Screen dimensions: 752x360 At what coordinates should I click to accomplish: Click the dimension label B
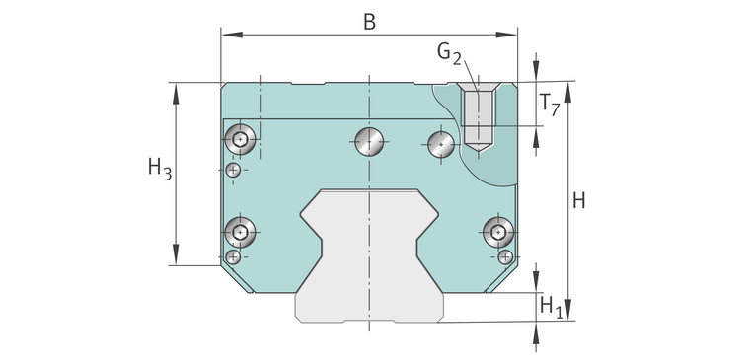pyautogui.click(x=369, y=22)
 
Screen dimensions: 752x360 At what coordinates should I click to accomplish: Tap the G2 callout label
pyautogui.click(x=449, y=52)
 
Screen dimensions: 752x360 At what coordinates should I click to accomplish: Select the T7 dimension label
pyautogui.click(x=550, y=104)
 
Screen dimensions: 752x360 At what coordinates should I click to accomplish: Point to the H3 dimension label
pyautogui.click(x=160, y=169)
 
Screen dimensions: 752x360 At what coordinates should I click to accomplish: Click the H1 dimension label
pyautogui.click(x=551, y=307)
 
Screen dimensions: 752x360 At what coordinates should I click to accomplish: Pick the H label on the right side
pyautogui.click(x=579, y=201)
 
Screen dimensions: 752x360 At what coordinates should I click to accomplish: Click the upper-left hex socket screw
pyautogui.click(x=240, y=139)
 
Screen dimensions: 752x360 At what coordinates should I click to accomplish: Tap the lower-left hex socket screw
pyautogui.click(x=240, y=232)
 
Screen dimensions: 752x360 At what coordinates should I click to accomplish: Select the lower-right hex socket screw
pyautogui.click(x=498, y=233)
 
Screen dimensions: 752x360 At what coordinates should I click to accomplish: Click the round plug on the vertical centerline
pyautogui.click(x=369, y=141)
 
